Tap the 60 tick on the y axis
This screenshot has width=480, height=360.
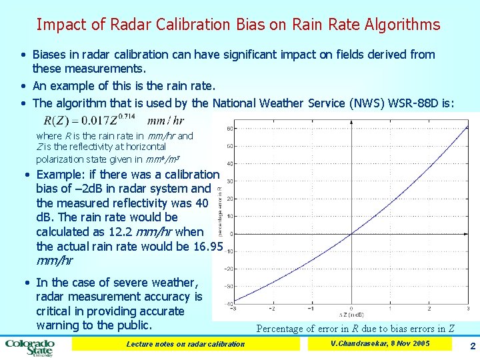tap(229, 129)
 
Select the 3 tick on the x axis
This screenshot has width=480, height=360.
tap(469, 309)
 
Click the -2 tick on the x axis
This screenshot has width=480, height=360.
tap(272, 309)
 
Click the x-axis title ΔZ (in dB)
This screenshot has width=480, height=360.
tap(351, 313)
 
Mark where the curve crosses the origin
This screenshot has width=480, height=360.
tap(351, 233)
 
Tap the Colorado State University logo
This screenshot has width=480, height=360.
tap(30, 347)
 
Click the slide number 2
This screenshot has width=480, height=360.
tap(472, 347)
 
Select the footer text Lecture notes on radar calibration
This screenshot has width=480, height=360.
tap(185, 344)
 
